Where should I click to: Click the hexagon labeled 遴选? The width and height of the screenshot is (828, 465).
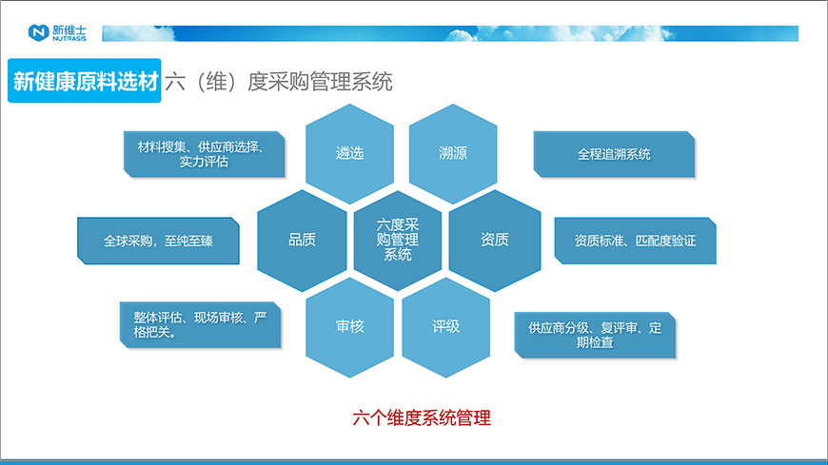tap(350, 153)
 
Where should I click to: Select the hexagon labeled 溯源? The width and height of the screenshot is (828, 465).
tap(453, 153)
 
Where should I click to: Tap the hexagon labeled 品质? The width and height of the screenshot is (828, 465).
tap(302, 240)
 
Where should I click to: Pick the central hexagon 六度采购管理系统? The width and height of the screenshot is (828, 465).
tap(398, 240)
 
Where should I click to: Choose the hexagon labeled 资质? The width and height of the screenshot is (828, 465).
tap(494, 240)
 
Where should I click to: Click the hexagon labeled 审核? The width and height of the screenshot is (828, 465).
tap(350, 326)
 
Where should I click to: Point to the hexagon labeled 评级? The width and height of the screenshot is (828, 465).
tap(446, 326)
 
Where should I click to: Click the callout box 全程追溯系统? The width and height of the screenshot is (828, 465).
tap(614, 154)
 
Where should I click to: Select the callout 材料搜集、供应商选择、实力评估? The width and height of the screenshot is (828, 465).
tap(204, 154)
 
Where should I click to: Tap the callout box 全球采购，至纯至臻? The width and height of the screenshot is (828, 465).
tap(158, 241)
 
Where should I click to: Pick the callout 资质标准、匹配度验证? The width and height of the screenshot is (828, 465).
tap(635, 241)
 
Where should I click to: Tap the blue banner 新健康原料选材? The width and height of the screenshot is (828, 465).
tap(85, 81)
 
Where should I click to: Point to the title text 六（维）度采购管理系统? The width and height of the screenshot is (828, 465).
tap(279, 81)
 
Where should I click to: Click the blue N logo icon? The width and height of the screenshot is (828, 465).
tap(38, 32)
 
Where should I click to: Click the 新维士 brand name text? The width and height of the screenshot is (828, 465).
tap(70, 29)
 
